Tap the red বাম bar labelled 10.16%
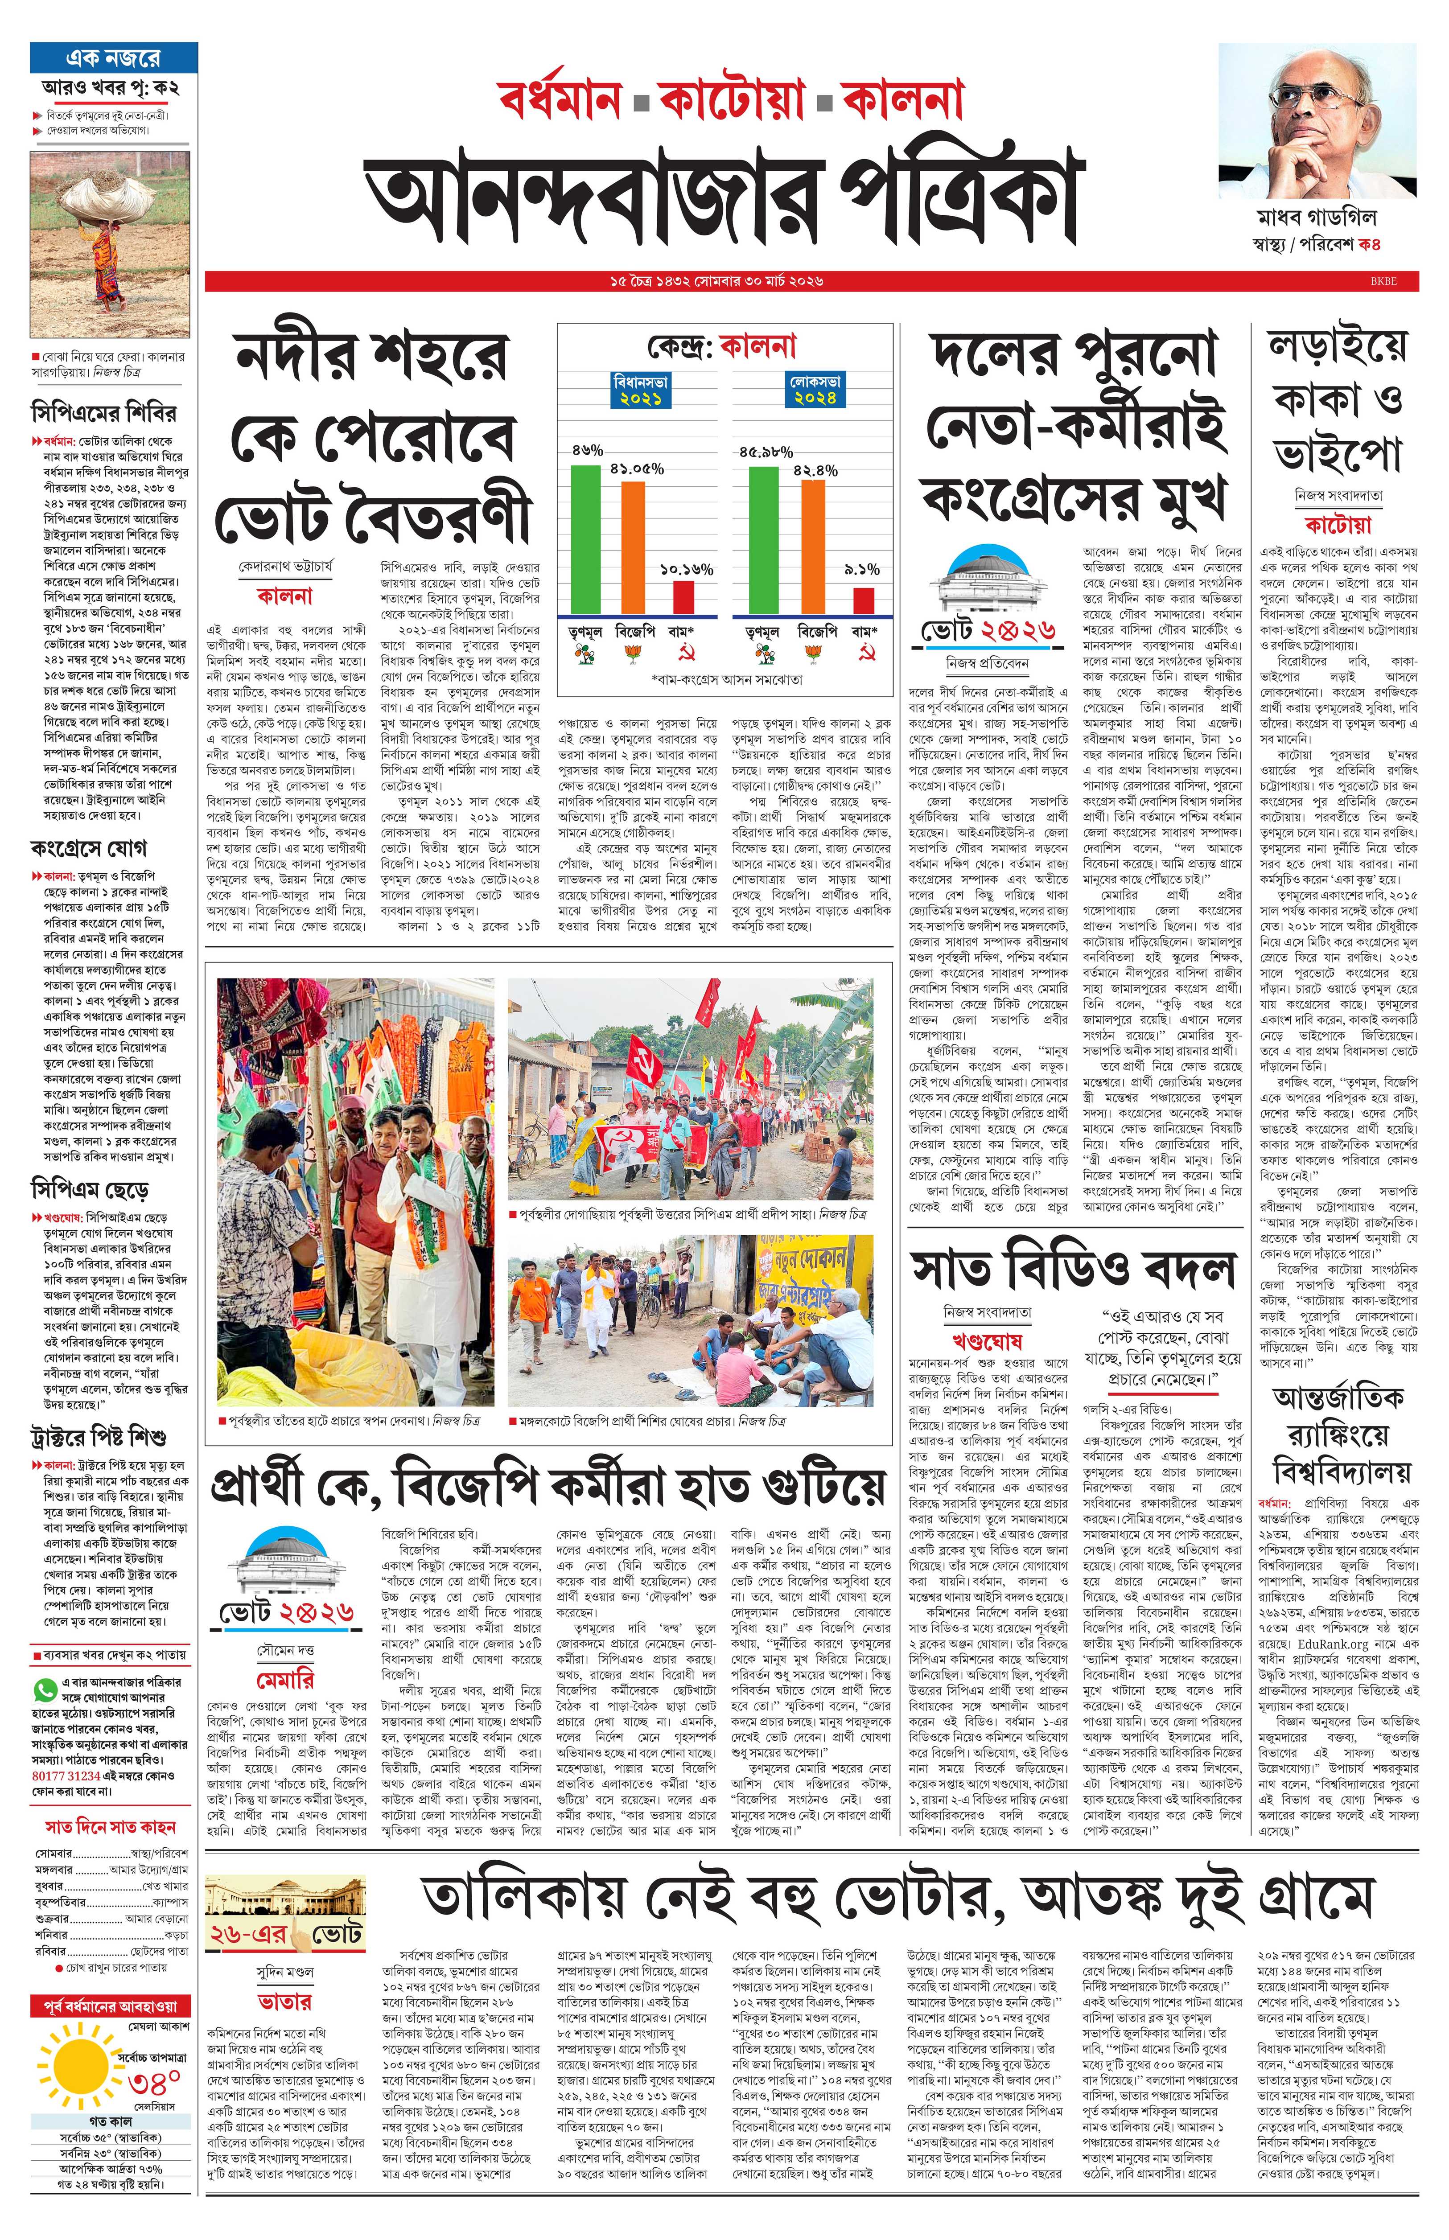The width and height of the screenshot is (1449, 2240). (x=683, y=596)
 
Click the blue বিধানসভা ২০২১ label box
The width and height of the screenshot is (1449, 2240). (x=641, y=390)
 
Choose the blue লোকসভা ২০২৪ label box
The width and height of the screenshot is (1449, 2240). (x=816, y=390)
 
